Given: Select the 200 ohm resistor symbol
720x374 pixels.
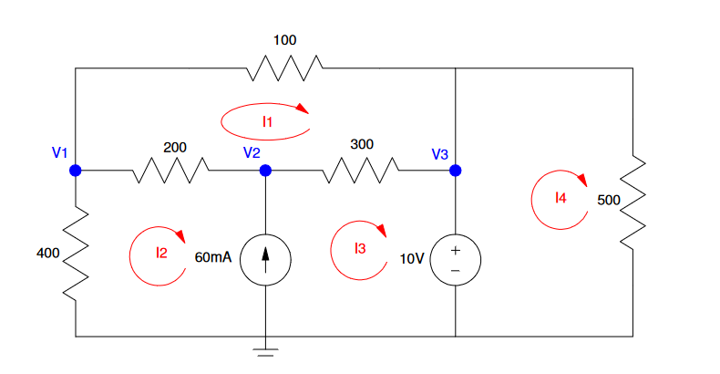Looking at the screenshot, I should coord(173,170).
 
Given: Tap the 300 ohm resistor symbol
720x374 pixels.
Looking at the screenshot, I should coord(362,170).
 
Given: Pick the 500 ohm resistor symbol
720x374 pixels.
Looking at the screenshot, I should coord(633,203).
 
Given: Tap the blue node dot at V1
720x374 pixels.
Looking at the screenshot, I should coord(76,170).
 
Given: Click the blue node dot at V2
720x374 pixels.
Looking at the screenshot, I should coord(265,170).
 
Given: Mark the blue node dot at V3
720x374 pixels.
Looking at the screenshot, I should coord(455,170).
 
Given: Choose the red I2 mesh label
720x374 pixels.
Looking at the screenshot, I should coord(161,253).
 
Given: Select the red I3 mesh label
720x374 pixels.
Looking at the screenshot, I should coord(361,247).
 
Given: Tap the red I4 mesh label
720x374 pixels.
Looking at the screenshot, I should coord(561,196).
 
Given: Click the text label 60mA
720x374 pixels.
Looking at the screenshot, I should coord(213,258).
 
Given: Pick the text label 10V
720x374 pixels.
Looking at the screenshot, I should coord(412,258).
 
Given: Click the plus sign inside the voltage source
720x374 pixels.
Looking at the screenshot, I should coord(455,249).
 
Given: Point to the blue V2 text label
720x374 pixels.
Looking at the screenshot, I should coord(252,152).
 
